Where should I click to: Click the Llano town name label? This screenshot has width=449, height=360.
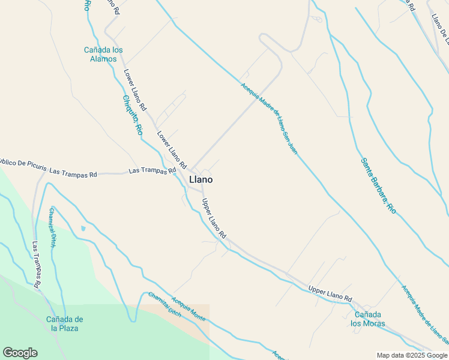pyautogui.click(x=200, y=179)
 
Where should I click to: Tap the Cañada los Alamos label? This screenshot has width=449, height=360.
pyautogui.click(x=103, y=55)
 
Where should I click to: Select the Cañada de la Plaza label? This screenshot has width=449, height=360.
pyautogui.click(x=64, y=323)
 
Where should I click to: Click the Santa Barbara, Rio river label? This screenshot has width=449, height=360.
pyautogui.click(x=378, y=185)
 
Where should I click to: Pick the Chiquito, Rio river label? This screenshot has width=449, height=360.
pyautogui.click(x=132, y=115)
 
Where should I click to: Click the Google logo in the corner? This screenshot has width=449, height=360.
pyautogui.click(x=20, y=353)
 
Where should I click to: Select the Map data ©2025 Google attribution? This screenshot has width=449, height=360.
pyautogui.click(x=412, y=355)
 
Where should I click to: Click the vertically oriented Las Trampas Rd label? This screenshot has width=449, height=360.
pyautogui.click(x=37, y=263)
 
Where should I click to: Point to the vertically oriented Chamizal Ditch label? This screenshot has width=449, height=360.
pyautogui.click(x=53, y=227)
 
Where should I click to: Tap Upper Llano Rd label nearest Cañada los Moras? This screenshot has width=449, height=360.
pyautogui.click(x=330, y=293)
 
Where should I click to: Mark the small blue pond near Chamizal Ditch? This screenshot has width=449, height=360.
pyautogui.click(x=83, y=228)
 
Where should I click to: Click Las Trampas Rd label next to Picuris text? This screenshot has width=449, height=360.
pyautogui.click(x=73, y=173)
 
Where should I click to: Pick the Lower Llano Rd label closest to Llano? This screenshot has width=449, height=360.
pyautogui.click(x=173, y=149)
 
